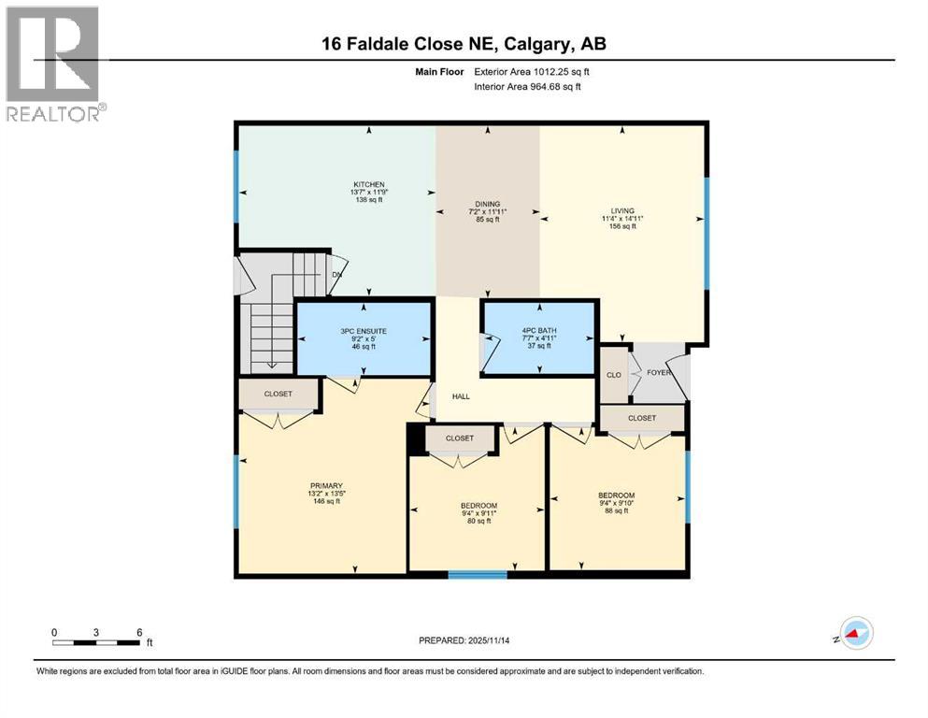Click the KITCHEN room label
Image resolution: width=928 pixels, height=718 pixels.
coord(368,184)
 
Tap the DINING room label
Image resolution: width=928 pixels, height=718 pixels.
coord(486,204)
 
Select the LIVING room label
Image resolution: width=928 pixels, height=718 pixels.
coord(621,211)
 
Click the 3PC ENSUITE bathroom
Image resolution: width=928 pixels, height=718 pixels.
coord(363,331)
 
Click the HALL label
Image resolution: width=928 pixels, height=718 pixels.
coord(461,396)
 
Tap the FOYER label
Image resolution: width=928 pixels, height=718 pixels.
coord(660,372)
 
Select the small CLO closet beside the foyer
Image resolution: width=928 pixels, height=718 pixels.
coord(613,374)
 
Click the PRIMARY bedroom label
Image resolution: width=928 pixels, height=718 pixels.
coord(326,486)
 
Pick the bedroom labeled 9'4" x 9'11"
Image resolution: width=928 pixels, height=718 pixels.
coord(478,506)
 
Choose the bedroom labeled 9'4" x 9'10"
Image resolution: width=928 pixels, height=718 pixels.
coord(617,495)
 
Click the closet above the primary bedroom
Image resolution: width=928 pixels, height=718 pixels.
coord(278,395)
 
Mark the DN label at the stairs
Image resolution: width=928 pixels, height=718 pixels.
coord(336,275)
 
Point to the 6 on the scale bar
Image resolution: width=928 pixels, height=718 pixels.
coord(139,632)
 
